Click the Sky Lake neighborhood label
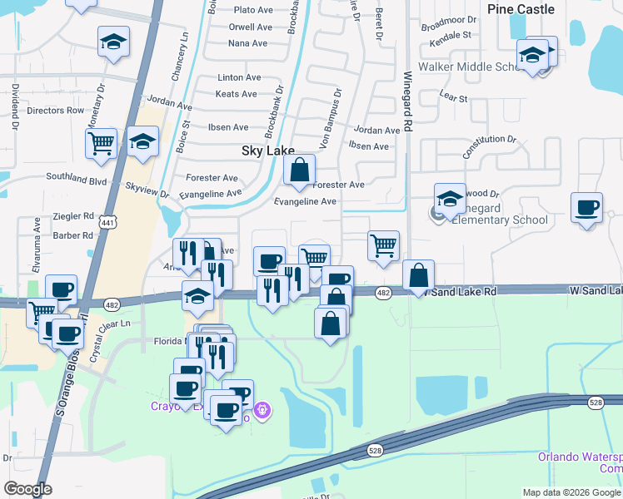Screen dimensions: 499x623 click(x=262, y=151)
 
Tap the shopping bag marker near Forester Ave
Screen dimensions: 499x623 click(x=299, y=170)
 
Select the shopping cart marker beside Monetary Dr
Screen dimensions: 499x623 click(x=101, y=143)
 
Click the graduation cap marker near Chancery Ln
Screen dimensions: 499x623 click(x=113, y=42)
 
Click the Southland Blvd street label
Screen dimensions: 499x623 click(x=77, y=179)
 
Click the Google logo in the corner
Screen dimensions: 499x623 click(x=27, y=489)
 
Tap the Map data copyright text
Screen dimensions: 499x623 click(x=571, y=492)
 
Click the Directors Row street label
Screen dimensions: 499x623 click(x=56, y=111)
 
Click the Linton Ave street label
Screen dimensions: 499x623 click(x=239, y=77)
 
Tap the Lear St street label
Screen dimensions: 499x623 click(x=453, y=97)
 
